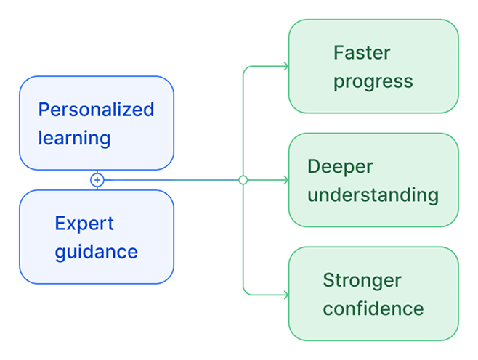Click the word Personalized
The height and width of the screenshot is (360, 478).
tap(96, 110)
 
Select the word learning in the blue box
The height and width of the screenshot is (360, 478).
tap(74, 138)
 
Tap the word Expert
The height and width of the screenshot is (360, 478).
tap(84, 224)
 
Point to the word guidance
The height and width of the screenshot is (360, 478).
tap(96, 253)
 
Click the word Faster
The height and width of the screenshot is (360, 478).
tap(362, 53)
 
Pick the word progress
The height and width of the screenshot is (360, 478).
tap(373, 81)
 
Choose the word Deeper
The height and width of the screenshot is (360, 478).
tap(340, 166)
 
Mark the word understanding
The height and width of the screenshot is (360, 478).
tap(373, 195)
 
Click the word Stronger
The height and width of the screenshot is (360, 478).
tap(362, 280)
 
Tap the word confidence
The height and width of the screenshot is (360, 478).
tap(373, 308)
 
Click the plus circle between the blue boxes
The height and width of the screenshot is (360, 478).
tap(97, 180)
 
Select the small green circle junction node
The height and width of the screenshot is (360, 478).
tap(243, 180)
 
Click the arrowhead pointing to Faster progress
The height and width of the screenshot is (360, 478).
tap(285, 67)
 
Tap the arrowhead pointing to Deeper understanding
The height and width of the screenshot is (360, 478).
tap(285, 180)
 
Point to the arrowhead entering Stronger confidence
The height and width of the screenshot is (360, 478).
tap(285, 295)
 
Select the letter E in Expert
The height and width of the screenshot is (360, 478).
tap(60, 224)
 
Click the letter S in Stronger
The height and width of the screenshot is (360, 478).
tap(328, 280)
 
